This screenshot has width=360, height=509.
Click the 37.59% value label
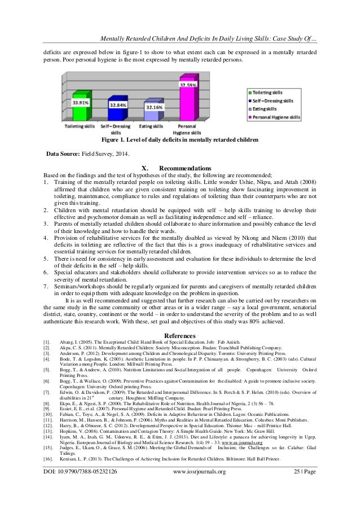tap(190, 85)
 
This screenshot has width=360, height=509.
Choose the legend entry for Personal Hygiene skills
tap(280, 116)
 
